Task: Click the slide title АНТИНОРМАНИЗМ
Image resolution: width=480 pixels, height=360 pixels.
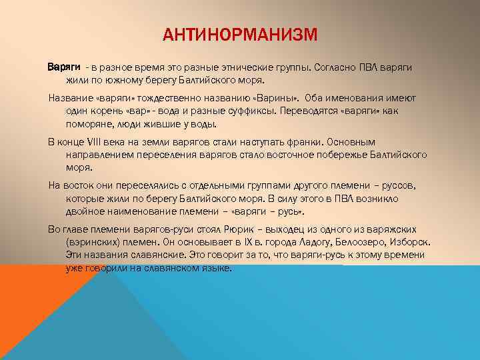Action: (x=240, y=33)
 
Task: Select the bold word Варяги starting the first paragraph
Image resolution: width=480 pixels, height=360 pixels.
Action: (x=64, y=68)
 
